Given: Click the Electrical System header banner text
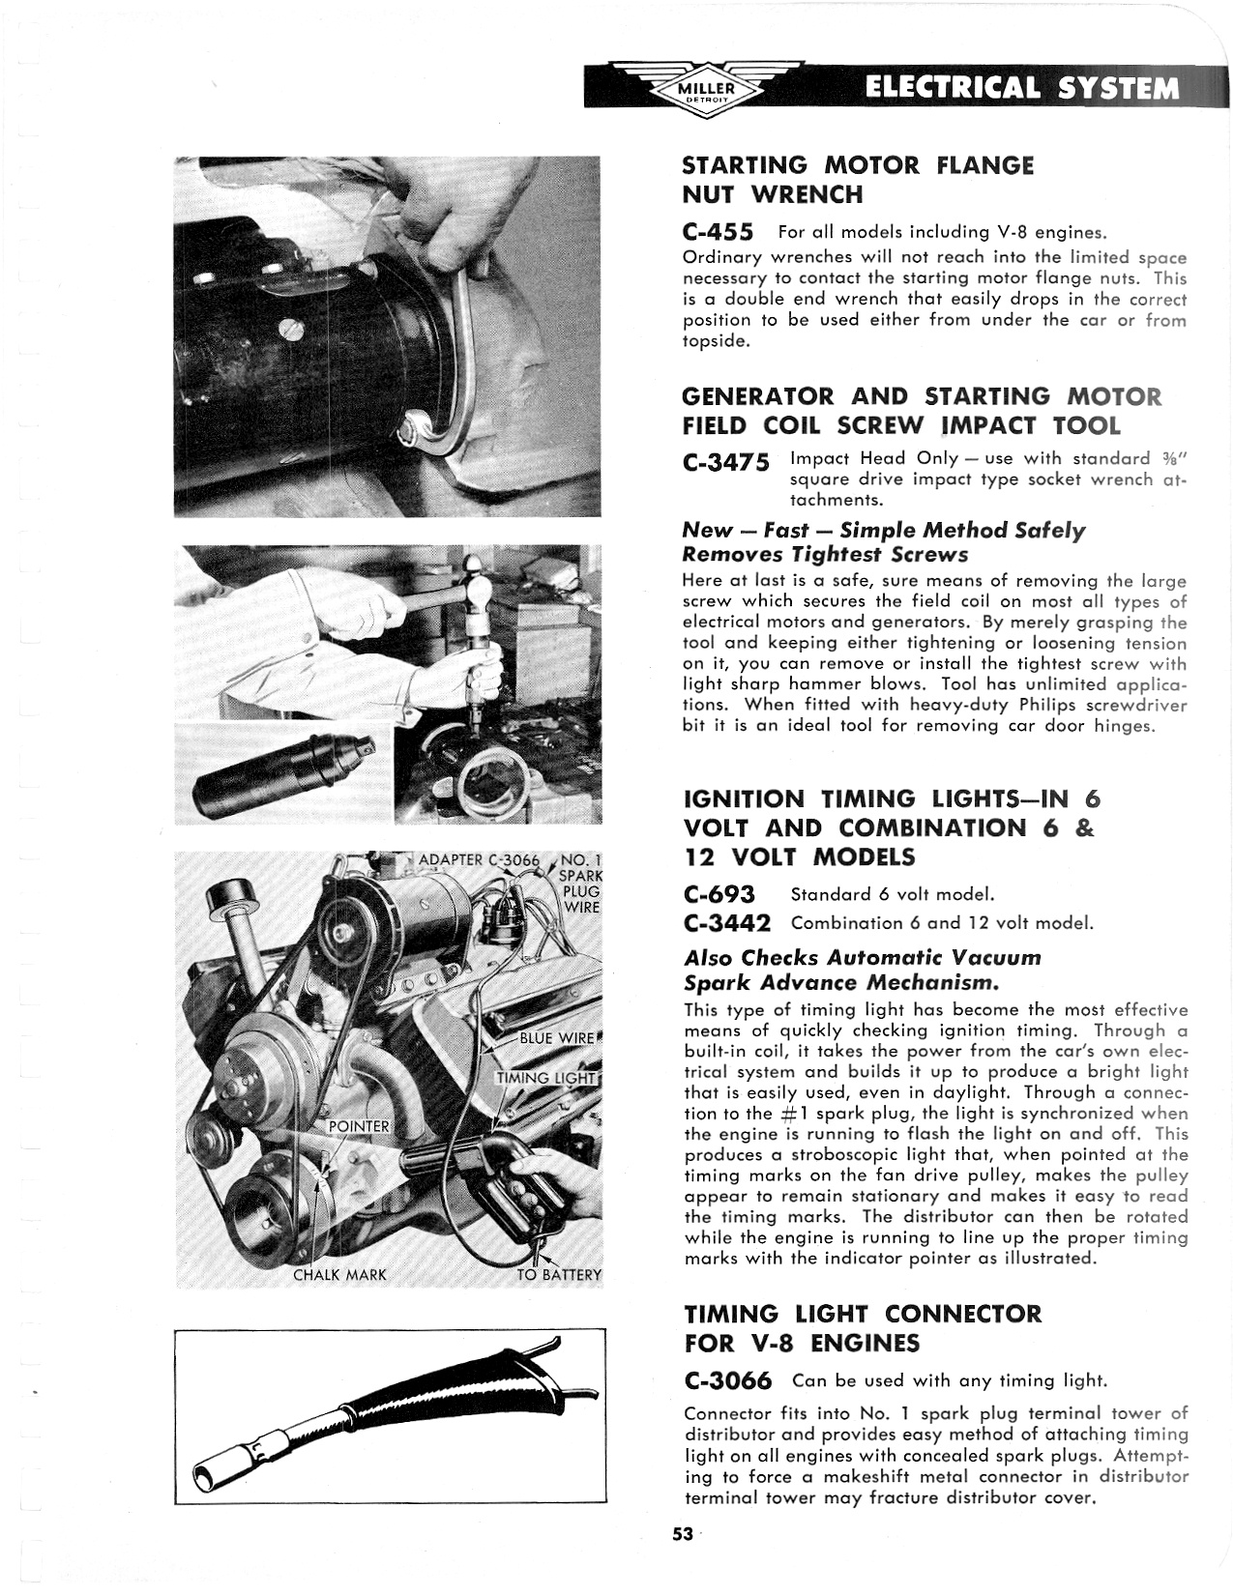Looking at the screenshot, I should click(1022, 88).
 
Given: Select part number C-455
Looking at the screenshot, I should click(718, 232).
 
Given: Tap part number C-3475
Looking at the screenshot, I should click(726, 462).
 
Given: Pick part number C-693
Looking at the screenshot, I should click(719, 894).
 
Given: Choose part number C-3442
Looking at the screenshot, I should click(727, 923).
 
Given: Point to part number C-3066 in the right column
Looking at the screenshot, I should click(727, 1380).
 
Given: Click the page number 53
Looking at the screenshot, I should click(684, 1534).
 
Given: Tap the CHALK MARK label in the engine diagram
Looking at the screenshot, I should click(339, 1275).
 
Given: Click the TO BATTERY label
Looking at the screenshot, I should click(559, 1275).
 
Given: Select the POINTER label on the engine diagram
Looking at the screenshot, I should click(359, 1126).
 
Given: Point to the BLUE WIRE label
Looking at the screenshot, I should click(557, 1039).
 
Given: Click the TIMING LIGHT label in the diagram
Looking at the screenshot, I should click(547, 1078).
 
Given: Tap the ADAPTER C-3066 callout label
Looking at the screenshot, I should click(479, 860).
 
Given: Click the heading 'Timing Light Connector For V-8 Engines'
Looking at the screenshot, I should click(863, 1328).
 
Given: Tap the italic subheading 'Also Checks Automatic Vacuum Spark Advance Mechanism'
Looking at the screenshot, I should click(862, 971).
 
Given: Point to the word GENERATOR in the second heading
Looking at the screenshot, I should click(757, 396).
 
